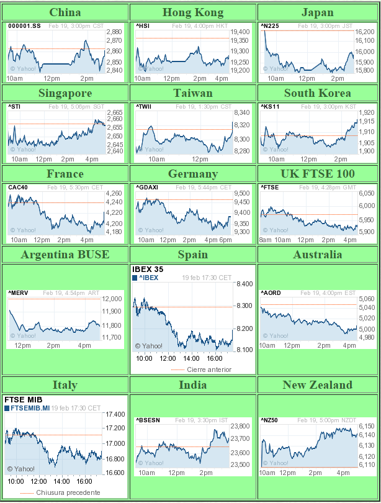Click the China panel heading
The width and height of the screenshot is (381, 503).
pyautogui.click(x=65, y=12)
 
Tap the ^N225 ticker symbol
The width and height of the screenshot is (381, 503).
pyautogui.click(x=269, y=25)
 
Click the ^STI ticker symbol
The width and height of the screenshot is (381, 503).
pyautogui.click(x=14, y=107)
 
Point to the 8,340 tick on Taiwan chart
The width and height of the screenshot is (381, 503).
pyautogui.click(x=241, y=112)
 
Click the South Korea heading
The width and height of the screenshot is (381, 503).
pyautogui.click(x=317, y=93)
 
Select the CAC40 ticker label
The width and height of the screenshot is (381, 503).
pyautogui.click(x=17, y=187)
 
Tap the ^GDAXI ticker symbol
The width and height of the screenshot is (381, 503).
pyautogui.click(x=146, y=187)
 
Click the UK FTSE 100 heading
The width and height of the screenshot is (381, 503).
pyautogui.click(x=317, y=174)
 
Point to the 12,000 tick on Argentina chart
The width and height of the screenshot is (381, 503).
pyautogui.click(x=111, y=299)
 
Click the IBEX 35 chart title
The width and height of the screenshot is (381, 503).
pyautogui.click(x=149, y=270)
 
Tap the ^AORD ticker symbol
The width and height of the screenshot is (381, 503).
pyautogui.click(x=271, y=292)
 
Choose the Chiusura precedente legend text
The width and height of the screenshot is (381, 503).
pyautogui.click(x=68, y=492)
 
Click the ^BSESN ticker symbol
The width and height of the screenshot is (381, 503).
pyautogui.click(x=148, y=420)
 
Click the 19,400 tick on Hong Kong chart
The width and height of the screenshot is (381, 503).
pyautogui.click(x=240, y=32)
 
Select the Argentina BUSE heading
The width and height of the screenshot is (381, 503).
pyautogui.click(x=65, y=255)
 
